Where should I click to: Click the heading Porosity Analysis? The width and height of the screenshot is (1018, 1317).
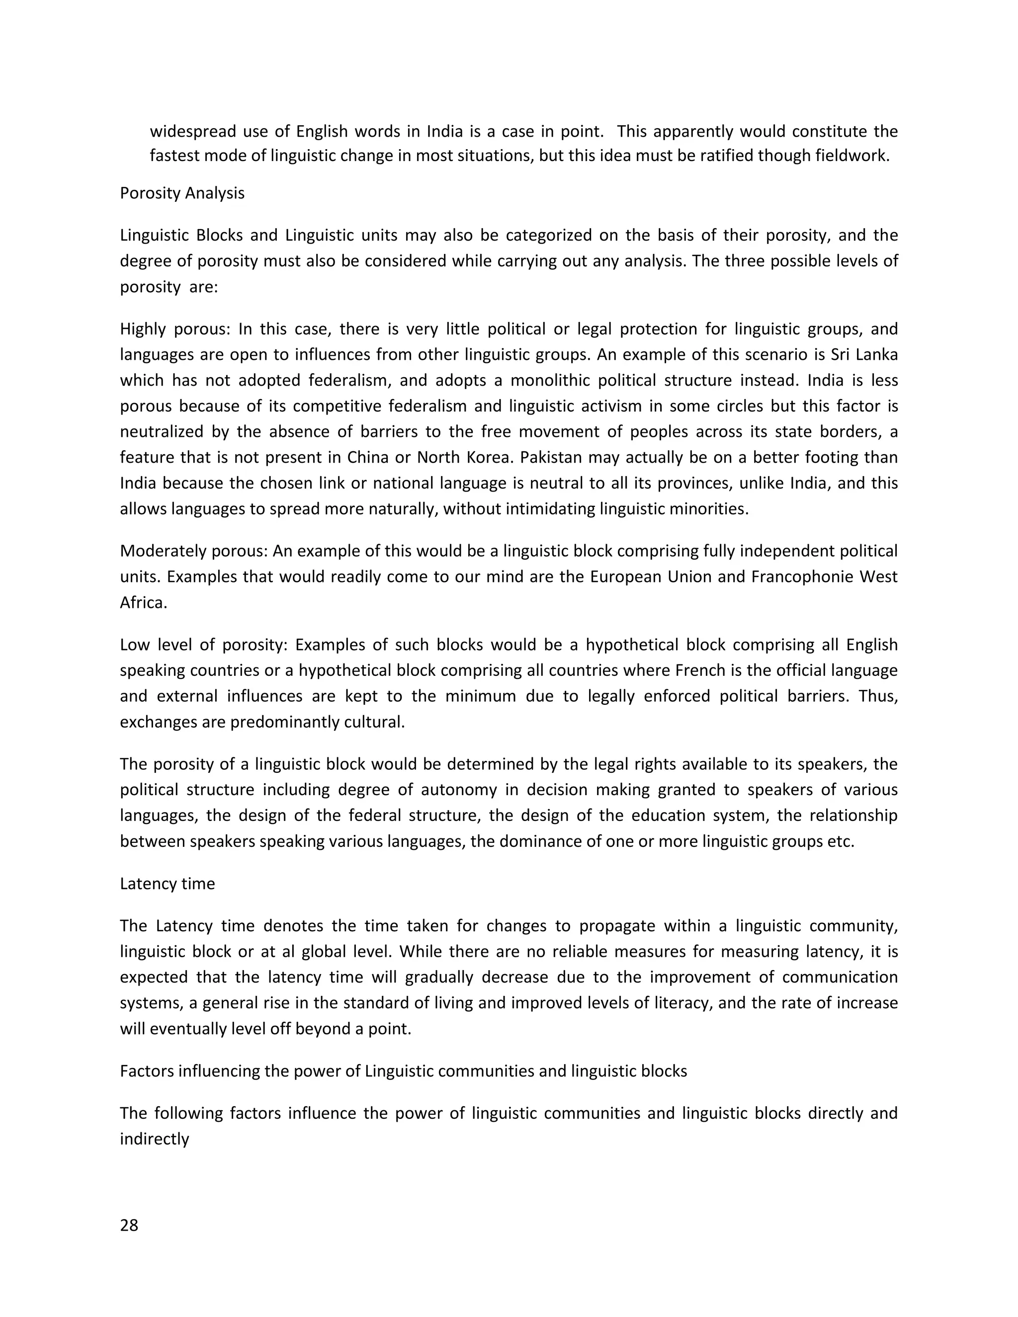pyautogui.click(x=182, y=193)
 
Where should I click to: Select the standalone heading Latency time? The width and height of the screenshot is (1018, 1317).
pyautogui.click(x=167, y=884)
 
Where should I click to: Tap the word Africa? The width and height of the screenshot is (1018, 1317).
pyautogui.click(x=143, y=603)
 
